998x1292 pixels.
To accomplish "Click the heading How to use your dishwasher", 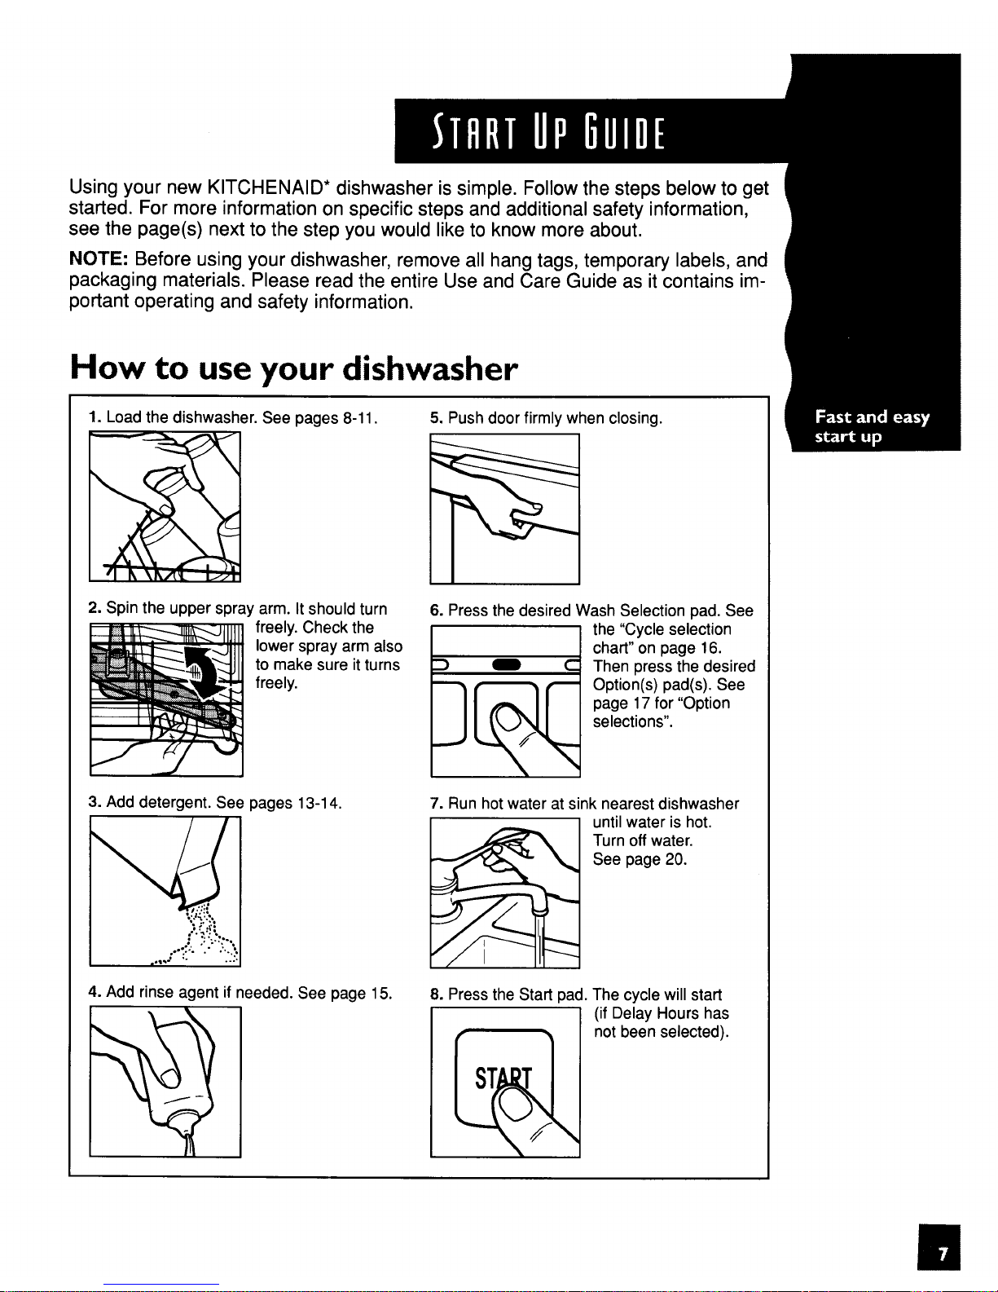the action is click(293, 368).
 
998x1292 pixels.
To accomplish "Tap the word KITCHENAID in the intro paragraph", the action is click(267, 187).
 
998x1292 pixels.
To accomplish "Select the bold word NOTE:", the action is click(99, 259).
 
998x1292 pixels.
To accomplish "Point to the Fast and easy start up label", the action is click(872, 426).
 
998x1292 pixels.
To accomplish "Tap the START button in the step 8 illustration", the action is click(503, 1078).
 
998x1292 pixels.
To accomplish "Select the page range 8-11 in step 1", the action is click(360, 418).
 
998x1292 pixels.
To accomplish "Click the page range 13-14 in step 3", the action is click(319, 803).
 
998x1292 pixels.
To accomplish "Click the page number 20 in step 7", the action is click(677, 860).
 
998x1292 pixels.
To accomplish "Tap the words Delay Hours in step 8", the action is click(655, 1013).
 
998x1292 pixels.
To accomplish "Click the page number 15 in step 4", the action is click(381, 994).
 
